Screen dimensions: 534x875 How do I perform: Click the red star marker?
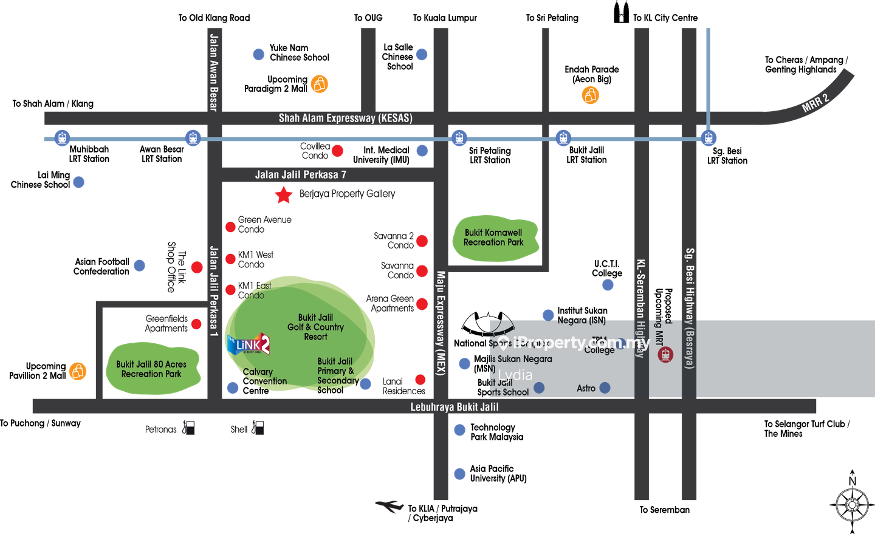click(x=284, y=195)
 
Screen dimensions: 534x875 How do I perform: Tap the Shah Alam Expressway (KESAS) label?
click(x=345, y=118)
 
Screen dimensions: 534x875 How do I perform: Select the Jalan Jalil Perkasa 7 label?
click(x=300, y=175)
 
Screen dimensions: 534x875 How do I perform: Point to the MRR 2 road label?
click(x=815, y=103)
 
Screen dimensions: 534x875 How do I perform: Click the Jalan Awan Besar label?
click(x=213, y=72)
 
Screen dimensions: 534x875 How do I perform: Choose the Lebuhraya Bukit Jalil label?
click(x=455, y=407)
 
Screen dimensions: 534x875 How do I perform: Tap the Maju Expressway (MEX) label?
click(x=441, y=323)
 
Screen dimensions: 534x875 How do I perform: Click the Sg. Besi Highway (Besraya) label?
click(x=690, y=308)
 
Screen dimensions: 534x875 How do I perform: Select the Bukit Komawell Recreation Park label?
click(x=493, y=238)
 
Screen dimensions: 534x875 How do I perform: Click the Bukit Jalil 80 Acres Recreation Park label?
click(x=151, y=369)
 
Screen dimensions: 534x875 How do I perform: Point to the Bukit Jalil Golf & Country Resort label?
click(x=315, y=327)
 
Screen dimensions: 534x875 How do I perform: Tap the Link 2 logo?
click(x=249, y=344)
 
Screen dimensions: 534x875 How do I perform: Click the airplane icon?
click(x=389, y=505)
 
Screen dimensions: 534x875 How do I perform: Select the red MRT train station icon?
click(x=665, y=354)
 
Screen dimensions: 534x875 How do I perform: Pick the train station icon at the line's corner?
click(x=708, y=138)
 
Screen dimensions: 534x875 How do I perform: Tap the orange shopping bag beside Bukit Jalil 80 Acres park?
click(x=78, y=371)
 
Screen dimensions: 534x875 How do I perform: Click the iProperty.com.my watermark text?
click(x=581, y=343)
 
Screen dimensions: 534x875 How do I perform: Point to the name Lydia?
click(x=515, y=375)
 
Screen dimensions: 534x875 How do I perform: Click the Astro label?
click(x=586, y=388)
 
